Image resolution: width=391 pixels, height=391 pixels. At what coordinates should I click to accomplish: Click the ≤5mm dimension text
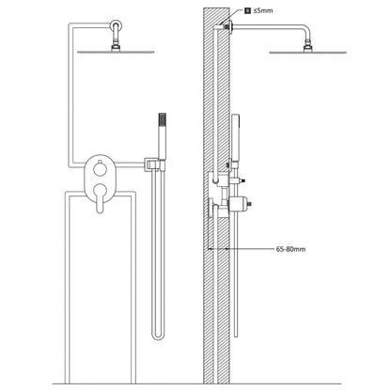pos(263,10)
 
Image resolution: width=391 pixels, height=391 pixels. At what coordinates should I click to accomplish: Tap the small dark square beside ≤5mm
pos(248,10)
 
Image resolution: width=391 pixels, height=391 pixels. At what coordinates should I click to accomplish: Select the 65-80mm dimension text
pos(290,249)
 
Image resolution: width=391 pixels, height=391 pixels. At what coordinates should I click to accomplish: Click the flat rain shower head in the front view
pos(116,52)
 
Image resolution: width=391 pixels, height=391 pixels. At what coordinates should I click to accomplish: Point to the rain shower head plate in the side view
pos(307,53)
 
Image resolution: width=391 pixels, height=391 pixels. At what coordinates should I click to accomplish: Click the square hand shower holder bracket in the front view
pos(154,164)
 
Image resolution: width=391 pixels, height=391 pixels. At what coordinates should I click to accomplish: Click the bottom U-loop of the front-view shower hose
pos(158,336)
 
